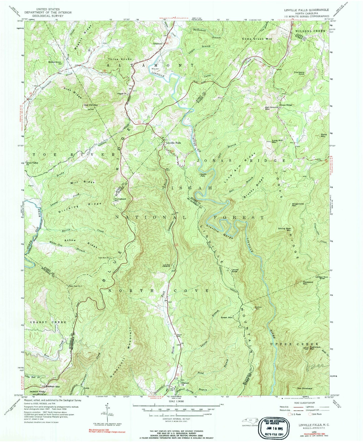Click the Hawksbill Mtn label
305,283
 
